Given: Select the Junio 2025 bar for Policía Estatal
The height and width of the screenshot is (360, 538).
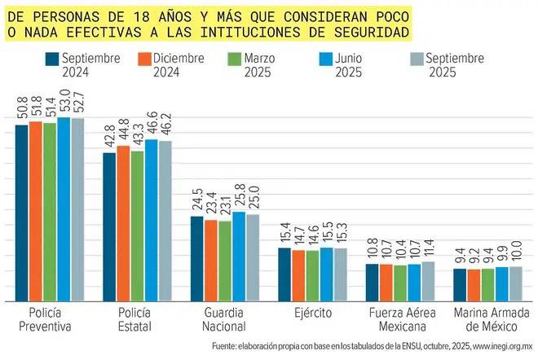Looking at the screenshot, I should (152, 221).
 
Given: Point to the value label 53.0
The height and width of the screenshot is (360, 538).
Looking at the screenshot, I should (64, 103).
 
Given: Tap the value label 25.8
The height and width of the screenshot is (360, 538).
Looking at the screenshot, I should (239, 197).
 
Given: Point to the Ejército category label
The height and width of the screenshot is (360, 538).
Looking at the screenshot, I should (313, 313).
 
